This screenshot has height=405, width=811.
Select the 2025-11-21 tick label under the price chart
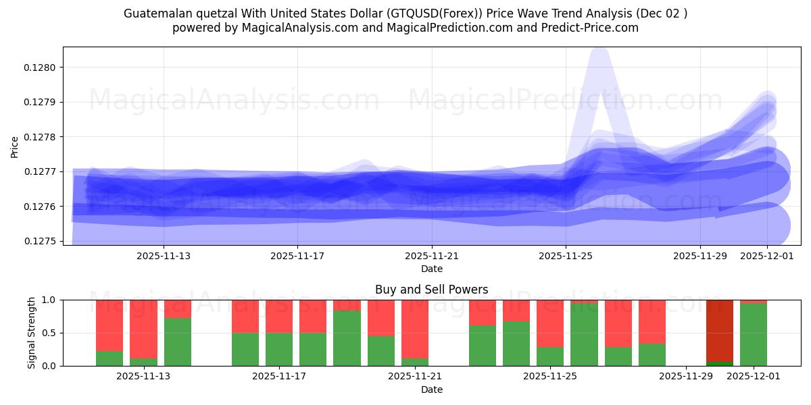(x=432, y=256)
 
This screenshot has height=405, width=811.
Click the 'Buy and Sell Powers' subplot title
(x=431, y=290)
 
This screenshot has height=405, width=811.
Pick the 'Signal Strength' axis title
(x=32, y=333)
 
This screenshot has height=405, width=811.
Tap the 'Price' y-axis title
(x=15, y=146)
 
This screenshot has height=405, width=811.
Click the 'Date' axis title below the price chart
(x=432, y=269)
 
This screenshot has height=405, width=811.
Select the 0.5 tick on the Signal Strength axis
(x=50, y=333)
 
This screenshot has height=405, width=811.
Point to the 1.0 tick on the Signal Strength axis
(x=50, y=300)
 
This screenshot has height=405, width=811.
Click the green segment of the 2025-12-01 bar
(x=754, y=334)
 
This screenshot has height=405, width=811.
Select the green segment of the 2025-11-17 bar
(x=279, y=349)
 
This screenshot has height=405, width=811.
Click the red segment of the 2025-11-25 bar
(x=550, y=323)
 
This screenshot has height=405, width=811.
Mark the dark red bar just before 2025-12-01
(x=720, y=331)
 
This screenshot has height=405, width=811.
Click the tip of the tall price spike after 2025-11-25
(x=599, y=51)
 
